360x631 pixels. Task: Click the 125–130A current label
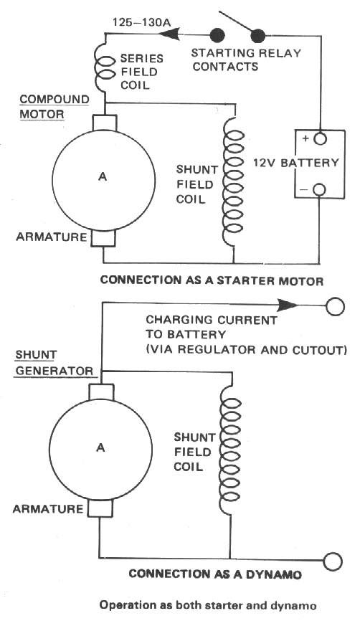tap(141, 22)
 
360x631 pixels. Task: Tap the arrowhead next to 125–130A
tap(169, 35)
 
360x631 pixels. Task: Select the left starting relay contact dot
tap(217, 35)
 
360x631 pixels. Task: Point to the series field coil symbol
tap(103, 67)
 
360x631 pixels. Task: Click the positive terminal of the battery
tap(320, 138)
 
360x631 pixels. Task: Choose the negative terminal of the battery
tap(319, 189)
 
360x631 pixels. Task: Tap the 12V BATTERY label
tap(296, 163)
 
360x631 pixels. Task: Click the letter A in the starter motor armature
tap(103, 176)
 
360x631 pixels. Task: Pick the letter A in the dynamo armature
tap(100, 447)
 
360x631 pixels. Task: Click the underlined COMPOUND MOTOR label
tap(55, 107)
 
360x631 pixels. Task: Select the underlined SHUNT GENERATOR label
tap(55, 364)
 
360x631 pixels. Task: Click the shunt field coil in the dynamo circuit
tap(230, 450)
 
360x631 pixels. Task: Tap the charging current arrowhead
tap(288, 305)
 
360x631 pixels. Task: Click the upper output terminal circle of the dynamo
tap(335, 306)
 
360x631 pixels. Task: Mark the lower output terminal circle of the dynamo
tap(333, 561)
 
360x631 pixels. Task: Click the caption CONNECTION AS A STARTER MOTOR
tap(212, 280)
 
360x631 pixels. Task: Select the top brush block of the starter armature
tap(105, 123)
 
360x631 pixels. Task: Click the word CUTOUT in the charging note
tap(321, 350)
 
